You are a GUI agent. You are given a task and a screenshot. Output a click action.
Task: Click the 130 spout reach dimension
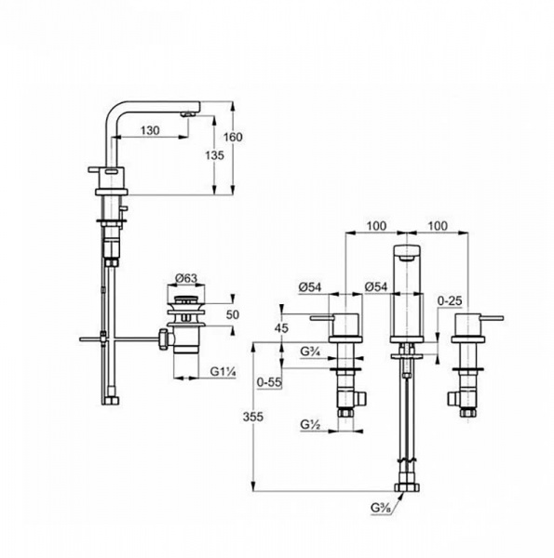point(150,130)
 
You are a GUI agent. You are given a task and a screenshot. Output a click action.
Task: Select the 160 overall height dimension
point(233,137)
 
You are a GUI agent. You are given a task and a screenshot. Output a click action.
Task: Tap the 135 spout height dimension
point(214,155)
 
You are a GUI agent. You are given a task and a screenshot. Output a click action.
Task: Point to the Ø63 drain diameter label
point(186,278)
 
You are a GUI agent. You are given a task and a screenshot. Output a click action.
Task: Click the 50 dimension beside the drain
point(232,314)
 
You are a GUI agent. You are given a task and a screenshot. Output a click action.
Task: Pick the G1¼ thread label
point(223,372)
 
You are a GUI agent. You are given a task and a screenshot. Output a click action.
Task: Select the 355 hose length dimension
point(253,417)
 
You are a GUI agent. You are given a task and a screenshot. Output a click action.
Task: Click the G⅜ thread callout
point(381,508)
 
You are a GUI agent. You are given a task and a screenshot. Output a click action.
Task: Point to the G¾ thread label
point(309,352)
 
